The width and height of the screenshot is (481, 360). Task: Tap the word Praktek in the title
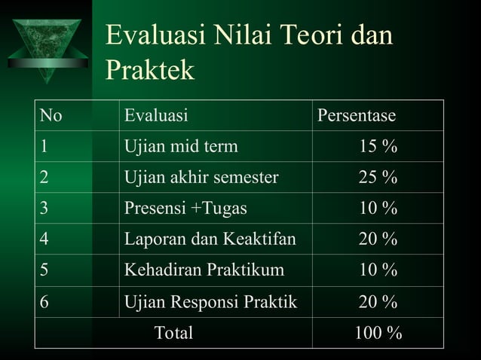click(x=150, y=71)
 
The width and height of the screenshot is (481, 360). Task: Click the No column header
click(x=51, y=116)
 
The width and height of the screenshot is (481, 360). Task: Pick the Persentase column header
click(x=356, y=116)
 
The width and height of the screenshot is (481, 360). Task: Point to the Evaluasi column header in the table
click(x=156, y=116)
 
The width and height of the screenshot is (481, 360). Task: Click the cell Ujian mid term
click(x=181, y=147)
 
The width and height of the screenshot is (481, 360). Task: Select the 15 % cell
click(x=378, y=147)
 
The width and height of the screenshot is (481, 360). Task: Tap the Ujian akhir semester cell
click(x=201, y=178)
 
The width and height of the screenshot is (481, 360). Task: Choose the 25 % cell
click(x=378, y=178)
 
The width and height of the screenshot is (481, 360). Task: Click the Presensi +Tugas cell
click(x=185, y=209)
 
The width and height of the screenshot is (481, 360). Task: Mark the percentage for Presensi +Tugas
click(x=378, y=209)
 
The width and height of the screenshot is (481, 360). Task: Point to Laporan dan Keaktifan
click(x=210, y=239)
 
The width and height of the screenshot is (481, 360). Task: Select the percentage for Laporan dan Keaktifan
click(x=378, y=239)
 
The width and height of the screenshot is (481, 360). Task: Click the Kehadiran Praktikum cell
click(x=204, y=270)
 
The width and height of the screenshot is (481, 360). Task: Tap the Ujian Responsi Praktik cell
click(x=210, y=301)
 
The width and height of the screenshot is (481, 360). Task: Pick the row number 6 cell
click(x=45, y=301)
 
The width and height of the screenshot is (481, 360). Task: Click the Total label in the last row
click(x=173, y=332)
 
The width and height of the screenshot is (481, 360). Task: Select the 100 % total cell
click(x=378, y=332)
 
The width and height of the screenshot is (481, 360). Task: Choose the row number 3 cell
click(x=45, y=209)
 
